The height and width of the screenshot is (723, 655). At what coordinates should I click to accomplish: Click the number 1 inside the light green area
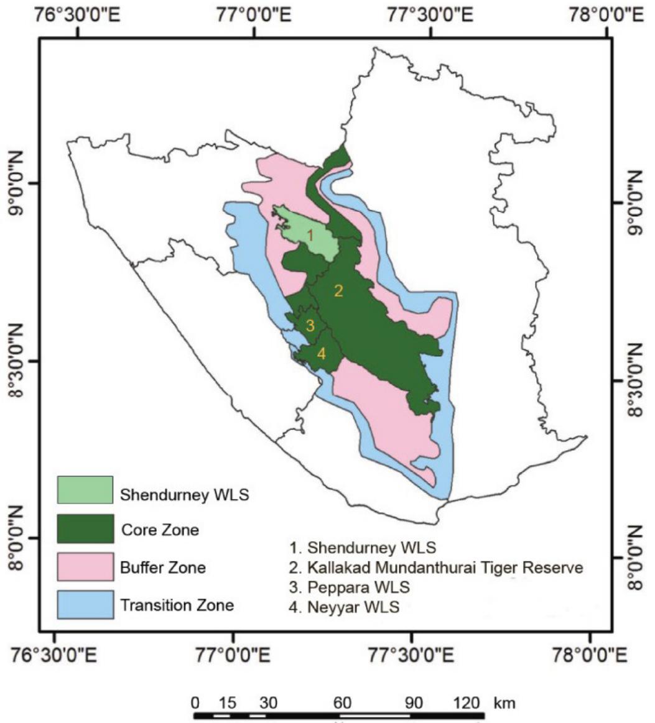310,235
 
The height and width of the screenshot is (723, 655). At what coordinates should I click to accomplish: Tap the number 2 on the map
339,291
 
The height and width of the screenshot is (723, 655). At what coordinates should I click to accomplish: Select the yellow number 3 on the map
310,325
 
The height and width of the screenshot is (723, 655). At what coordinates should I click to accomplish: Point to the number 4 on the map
321,354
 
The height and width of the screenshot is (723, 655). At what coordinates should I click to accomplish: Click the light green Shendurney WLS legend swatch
85,490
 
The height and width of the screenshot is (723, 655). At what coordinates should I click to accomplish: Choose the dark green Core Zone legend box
85,529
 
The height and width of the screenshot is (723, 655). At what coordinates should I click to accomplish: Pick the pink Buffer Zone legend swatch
85,566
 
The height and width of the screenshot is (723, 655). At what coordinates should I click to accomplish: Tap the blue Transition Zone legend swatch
85,604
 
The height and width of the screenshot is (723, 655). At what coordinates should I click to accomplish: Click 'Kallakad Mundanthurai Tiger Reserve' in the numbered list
437,567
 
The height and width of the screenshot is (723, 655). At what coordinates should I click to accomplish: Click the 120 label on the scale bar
467,702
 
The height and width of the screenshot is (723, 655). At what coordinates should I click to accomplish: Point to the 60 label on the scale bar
341,702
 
